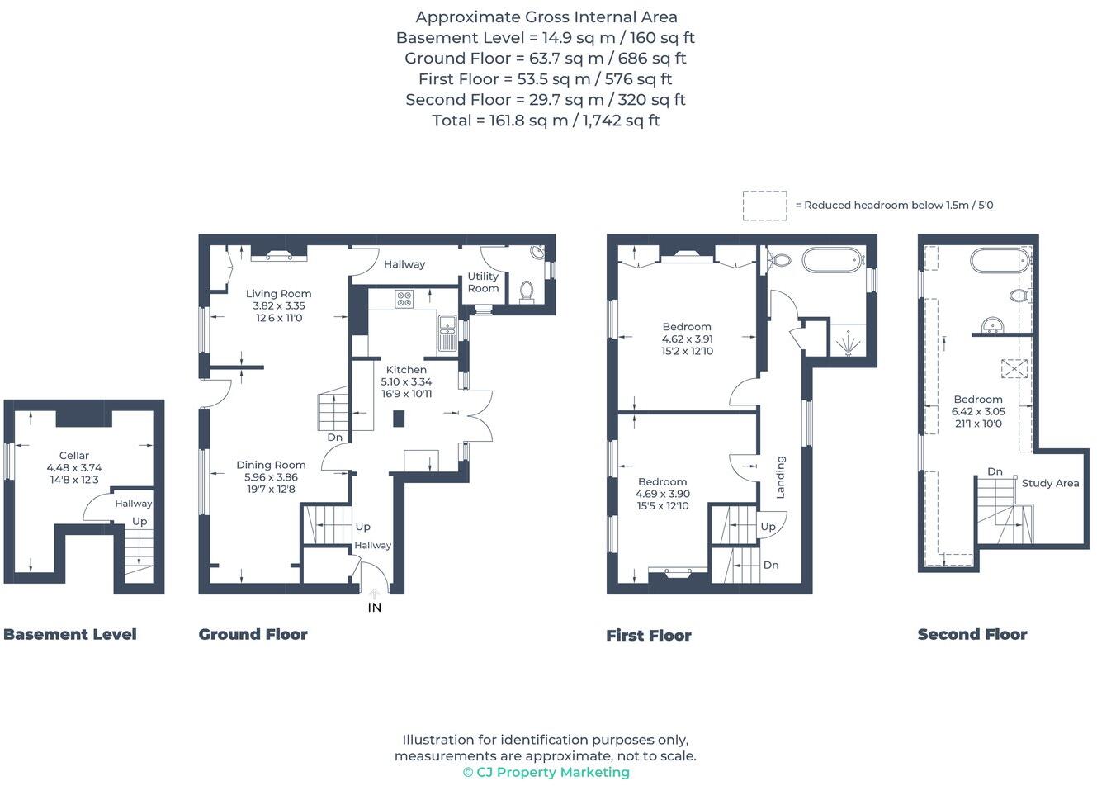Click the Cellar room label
point(73,455)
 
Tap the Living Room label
point(278,293)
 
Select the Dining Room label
point(271,465)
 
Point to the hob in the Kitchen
point(404,299)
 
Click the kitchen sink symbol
point(447,333)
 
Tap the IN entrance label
point(374,608)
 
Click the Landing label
point(780,476)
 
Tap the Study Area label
point(1050,483)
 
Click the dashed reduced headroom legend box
point(764,206)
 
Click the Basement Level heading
point(70,634)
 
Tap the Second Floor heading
point(972,634)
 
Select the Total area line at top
point(546,121)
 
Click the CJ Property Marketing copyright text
point(546,772)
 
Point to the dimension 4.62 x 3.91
point(687,339)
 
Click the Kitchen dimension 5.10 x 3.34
point(406,381)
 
